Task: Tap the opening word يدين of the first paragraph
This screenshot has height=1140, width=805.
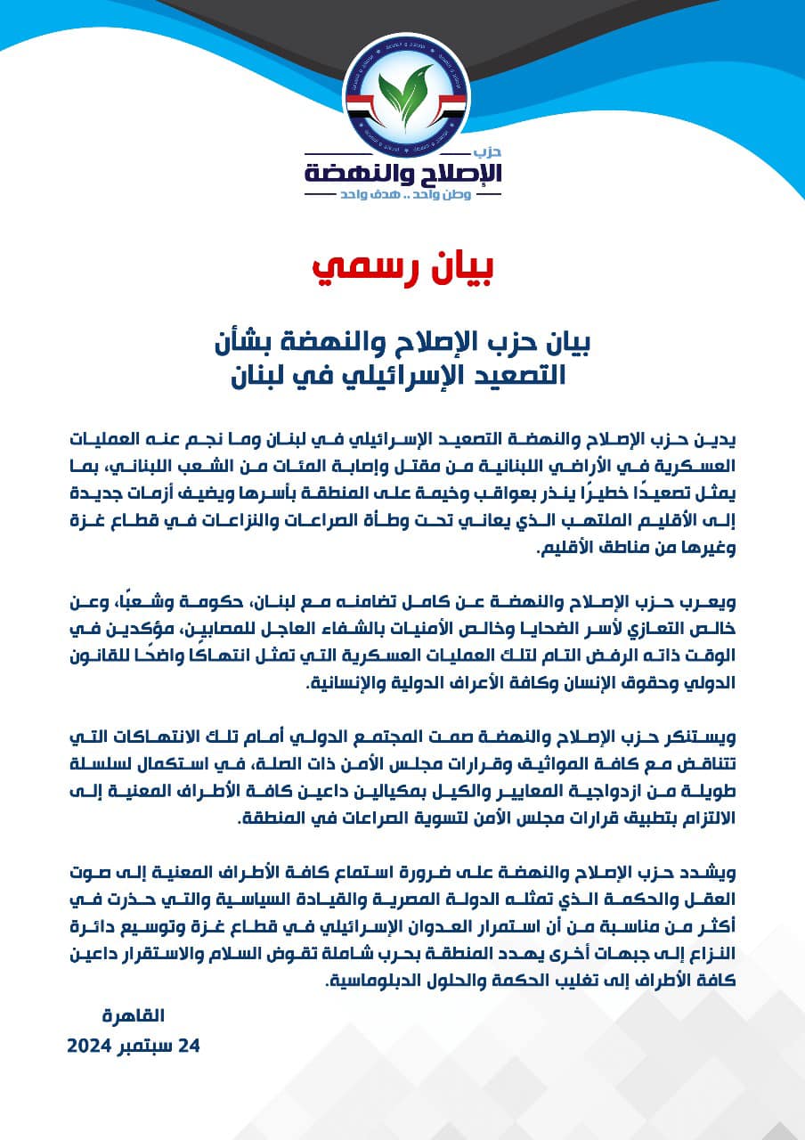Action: (x=720, y=441)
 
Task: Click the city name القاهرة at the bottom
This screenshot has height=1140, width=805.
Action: (x=134, y=1015)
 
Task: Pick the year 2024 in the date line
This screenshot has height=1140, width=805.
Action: (x=89, y=1046)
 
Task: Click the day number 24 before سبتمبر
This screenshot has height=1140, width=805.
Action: (x=190, y=1046)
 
